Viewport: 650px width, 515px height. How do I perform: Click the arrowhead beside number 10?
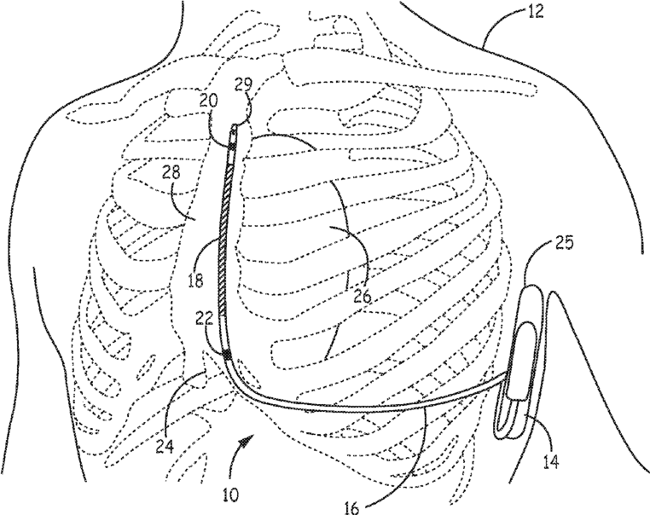click(x=249, y=437)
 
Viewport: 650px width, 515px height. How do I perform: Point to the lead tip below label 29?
click(x=234, y=133)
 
